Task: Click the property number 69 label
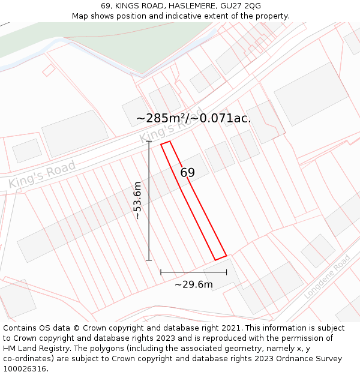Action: pos(187,173)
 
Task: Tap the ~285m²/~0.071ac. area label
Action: pos(193,118)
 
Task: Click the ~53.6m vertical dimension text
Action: pos(137,200)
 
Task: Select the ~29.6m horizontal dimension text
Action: pos(193,284)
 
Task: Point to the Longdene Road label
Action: pos(327,277)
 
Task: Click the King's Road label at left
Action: pos(42,175)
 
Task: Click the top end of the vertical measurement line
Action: pos(149,142)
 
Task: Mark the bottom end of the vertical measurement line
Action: pos(149,260)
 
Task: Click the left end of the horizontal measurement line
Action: pos(161,272)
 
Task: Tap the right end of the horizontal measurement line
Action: pos(227,272)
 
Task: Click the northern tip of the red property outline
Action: pos(166,143)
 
